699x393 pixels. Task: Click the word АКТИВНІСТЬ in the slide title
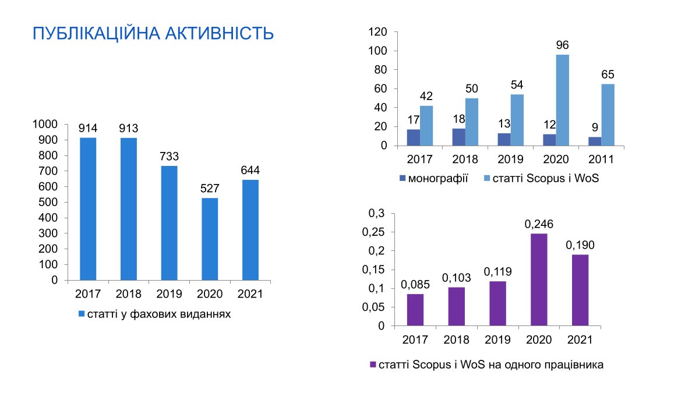click(219, 34)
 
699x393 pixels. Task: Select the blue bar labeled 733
click(169, 223)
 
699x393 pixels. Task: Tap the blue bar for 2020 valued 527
click(210, 239)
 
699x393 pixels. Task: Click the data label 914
click(88, 128)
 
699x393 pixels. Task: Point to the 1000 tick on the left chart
click(45, 124)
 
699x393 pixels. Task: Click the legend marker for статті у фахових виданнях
click(82, 314)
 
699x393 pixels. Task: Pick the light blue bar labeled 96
click(562, 100)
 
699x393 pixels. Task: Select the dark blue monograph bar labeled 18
click(459, 137)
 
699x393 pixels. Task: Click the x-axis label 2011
click(601, 160)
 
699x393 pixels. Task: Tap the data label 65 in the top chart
click(608, 75)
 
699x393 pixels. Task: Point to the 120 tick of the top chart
click(377, 32)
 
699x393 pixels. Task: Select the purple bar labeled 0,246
click(539, 280)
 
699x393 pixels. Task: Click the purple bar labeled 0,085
click(415, 310)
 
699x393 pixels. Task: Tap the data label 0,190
click(580, 245)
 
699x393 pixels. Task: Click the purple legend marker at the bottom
click(373, 364)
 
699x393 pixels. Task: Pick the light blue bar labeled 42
click(426, 126)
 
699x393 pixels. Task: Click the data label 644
click(250, 170)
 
